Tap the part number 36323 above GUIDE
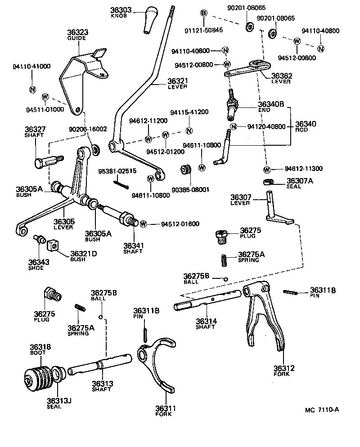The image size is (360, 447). click(x=77, y=33)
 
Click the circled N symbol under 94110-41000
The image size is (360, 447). click(x=32, y=89)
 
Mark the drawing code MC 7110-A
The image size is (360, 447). click(x=321, y=410)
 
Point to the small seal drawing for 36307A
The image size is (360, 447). click(x=268, y=182)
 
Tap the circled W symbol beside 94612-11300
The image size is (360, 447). click(x=267, y=170)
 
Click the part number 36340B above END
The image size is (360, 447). click(x=271, y=104)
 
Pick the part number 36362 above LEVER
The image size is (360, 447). click(x=281, y=76)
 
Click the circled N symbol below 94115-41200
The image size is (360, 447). click(x=189, y=131)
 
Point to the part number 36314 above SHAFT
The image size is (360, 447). click(x=206, y=321)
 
